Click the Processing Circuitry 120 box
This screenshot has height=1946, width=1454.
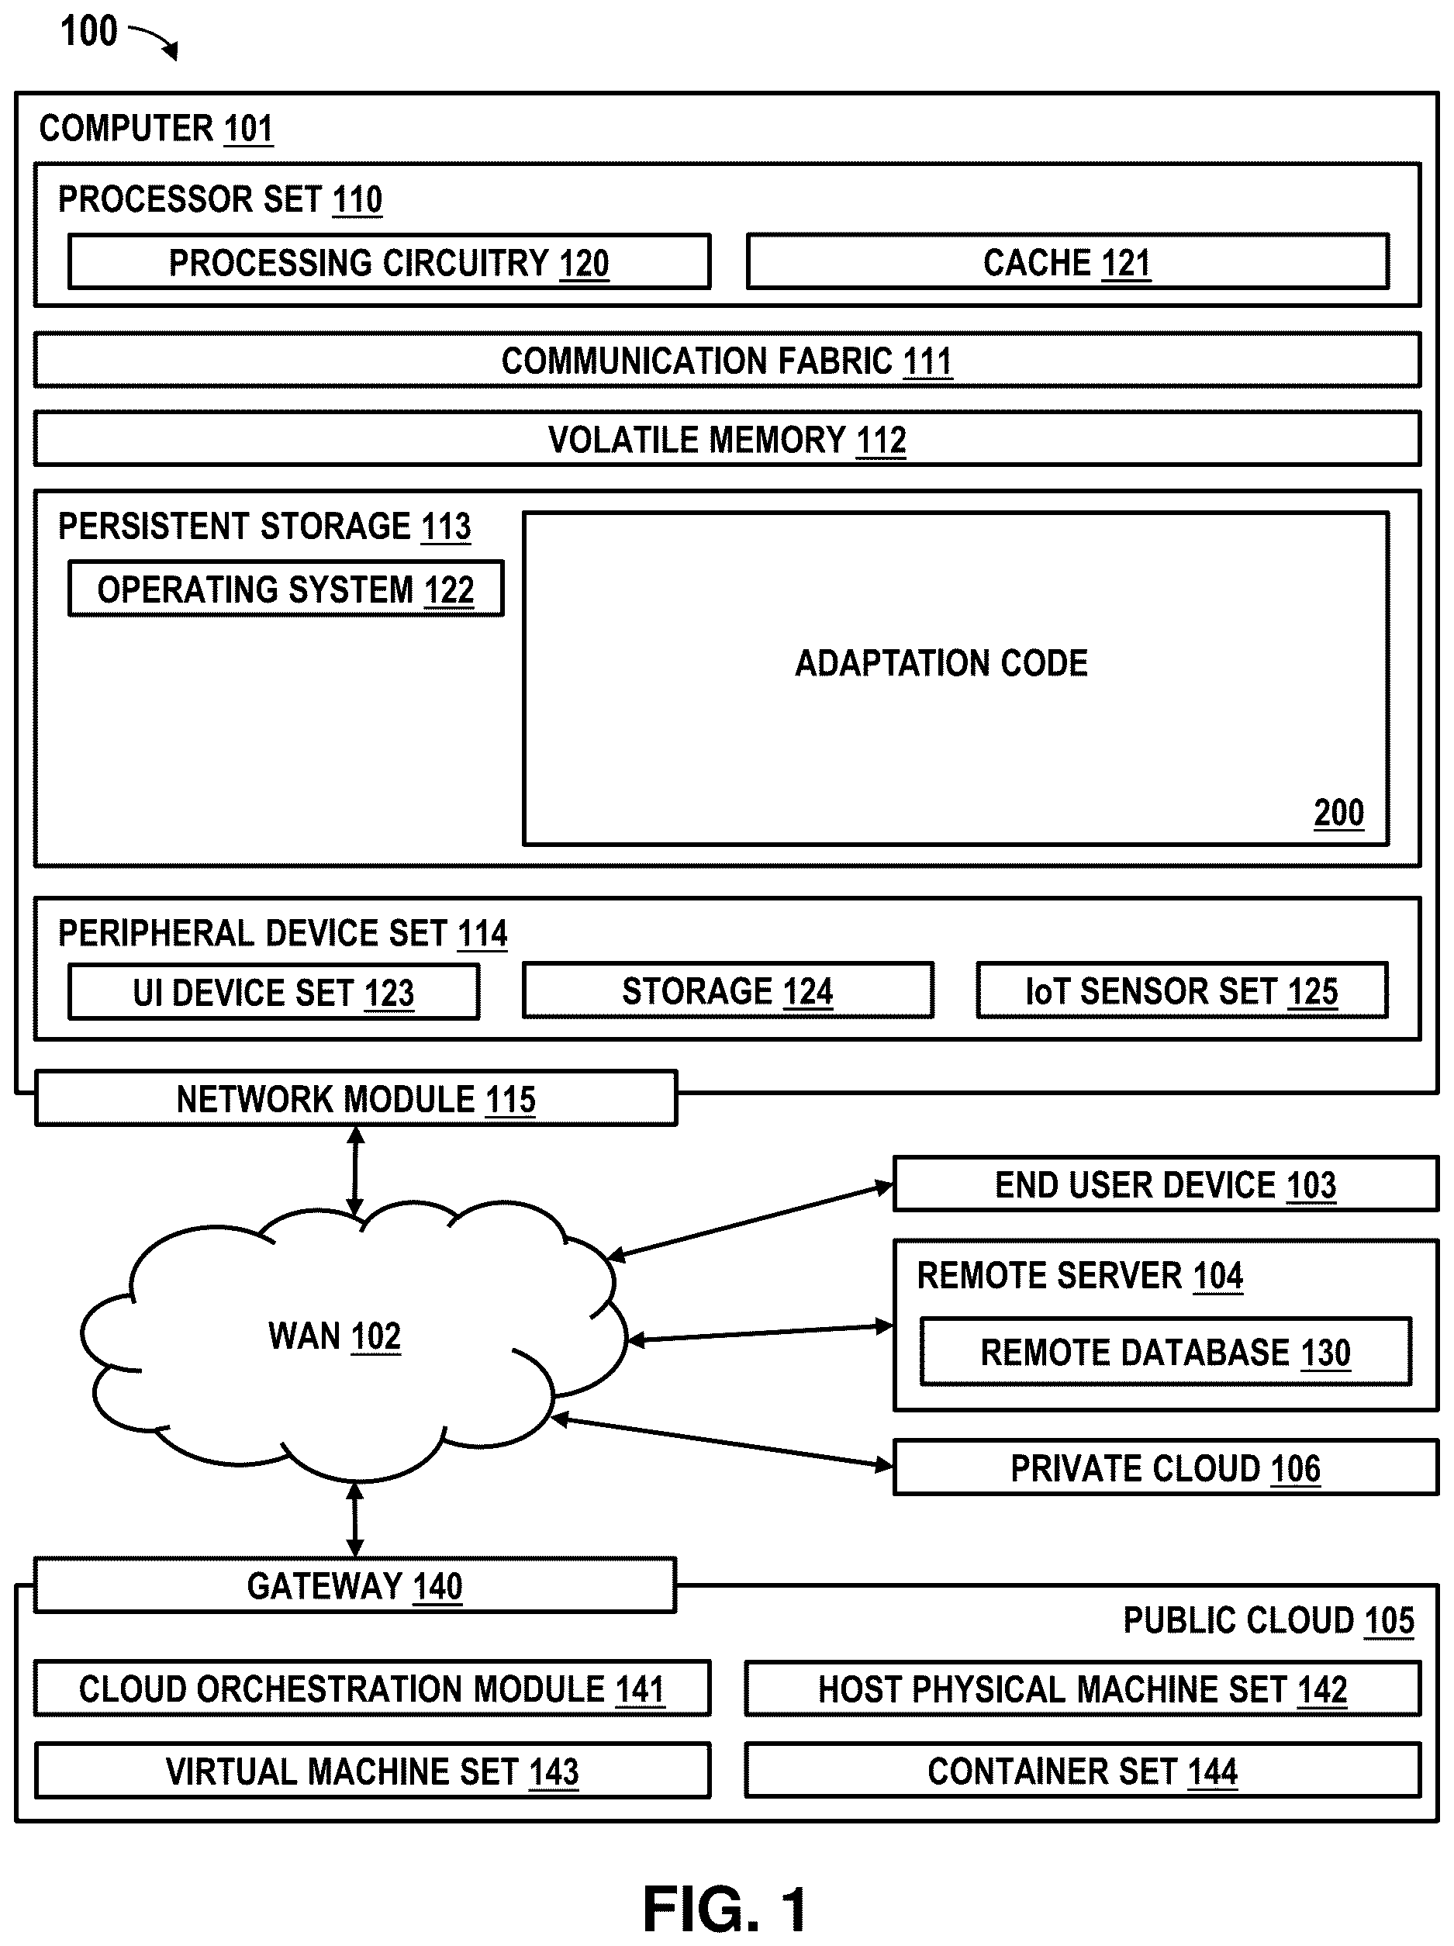tap(389, 261)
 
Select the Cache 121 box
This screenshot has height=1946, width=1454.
tap(1068, 261)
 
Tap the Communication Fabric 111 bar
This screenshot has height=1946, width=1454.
tap(727, 360)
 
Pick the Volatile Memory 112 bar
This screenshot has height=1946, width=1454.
tap(727, 439)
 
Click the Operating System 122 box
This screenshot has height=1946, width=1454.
tap(286, 589)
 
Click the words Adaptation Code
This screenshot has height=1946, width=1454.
tap(941, 663)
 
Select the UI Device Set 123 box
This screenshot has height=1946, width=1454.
tap(274, 992)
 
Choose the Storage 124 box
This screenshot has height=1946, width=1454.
tap(727, 990)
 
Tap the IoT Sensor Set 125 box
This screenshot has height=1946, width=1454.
tap(1183, 990)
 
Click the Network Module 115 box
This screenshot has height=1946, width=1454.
tap(356, 1098)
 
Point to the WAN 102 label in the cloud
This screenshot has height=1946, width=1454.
tap(334, 1336)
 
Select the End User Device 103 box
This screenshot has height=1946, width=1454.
tap(1166, 1184)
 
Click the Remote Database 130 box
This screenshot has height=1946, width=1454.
tap(1166, 1351)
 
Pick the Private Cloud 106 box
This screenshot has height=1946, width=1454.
tap(1166, 1467)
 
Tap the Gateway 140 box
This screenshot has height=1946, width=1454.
tap(354, 1585)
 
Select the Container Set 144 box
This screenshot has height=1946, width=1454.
tap(1083, 1771)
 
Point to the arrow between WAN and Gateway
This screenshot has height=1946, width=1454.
tap(354, 1519)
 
